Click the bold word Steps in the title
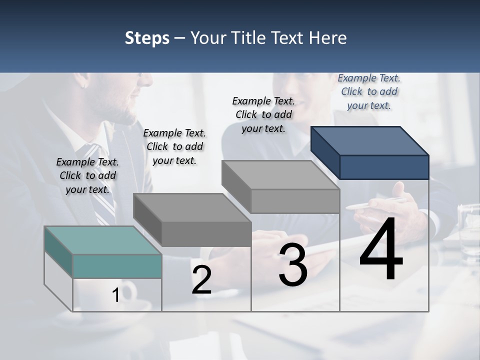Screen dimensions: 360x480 click(147, 38)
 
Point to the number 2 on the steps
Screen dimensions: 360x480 click(201, 280)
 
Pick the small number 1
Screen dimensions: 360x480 click(115, 295)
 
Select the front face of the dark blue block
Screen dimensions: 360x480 click(384, 167)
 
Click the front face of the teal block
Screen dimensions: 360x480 click(117, 266)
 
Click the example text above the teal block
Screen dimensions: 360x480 click(87, 175)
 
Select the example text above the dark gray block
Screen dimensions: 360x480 click(174, 146)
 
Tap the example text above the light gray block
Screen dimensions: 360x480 click(263, 114)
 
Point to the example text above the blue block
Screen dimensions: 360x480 click(369, 91)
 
